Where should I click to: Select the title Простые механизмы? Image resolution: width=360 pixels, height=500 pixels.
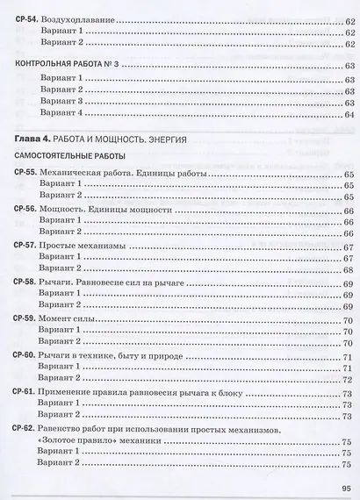(83, 248)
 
